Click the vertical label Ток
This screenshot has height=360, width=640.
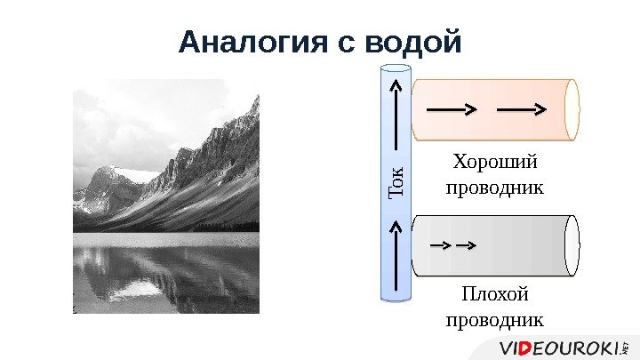pos(396,182)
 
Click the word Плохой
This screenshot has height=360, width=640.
pos(496,293)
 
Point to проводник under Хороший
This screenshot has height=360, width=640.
pos(494,188)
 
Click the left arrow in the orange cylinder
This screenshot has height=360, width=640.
pos(453,110)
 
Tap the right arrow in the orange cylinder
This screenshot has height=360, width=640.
pos(521,110)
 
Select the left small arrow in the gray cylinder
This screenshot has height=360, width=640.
pos(439,244)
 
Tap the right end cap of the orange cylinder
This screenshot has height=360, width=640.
pos(572,110)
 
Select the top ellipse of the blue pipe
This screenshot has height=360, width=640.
pos(396,69)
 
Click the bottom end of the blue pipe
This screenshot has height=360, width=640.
pos(396,298)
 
